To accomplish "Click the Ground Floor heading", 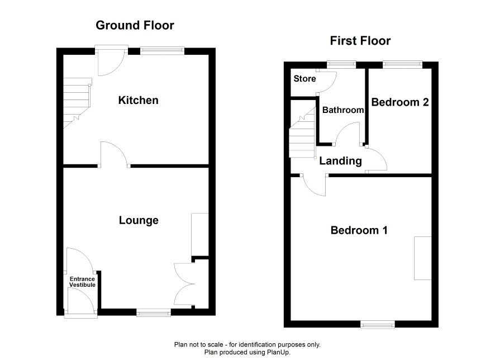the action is click(135, 25).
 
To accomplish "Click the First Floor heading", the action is click(360, 41).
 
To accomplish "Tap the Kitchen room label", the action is click(138, 100).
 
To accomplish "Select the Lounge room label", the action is click(139, 220).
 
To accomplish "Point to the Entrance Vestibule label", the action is click(82, 282).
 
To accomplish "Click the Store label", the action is click(304, 79).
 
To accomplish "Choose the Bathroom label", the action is click(343, 110).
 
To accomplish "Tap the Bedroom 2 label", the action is click(400, 102).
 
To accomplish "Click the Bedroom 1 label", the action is click(359, 230).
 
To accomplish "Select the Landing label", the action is click(340, 161).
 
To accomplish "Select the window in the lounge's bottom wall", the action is click(154, 313).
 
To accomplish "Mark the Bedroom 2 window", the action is click(402, 64).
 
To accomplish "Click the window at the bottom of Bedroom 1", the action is click(378, 324).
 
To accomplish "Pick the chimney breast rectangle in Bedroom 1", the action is click(423, 258).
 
